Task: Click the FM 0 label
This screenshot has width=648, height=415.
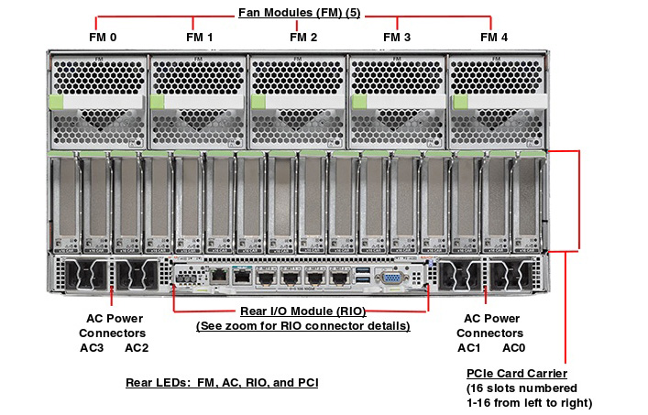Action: coord(101,38)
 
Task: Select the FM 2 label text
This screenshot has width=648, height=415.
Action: coord(303,38)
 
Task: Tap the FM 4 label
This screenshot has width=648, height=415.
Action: coord(493,38)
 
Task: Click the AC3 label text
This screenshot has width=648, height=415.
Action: coord(92,347)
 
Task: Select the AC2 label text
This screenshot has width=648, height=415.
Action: coord(137,347)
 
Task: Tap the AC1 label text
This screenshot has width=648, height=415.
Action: coord(468,347)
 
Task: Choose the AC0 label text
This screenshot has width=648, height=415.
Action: coord(513,347)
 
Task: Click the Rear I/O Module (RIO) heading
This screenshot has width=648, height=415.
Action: coord(302,311)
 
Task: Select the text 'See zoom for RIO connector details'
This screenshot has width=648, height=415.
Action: coord(302,325)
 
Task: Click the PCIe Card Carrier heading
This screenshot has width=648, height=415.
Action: coord(516,374)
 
